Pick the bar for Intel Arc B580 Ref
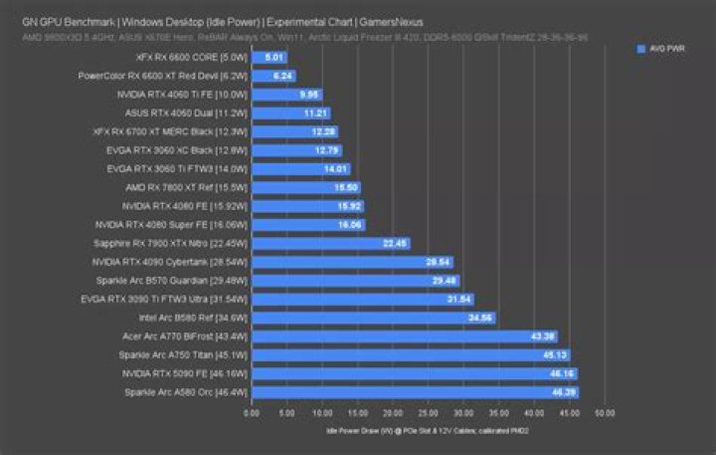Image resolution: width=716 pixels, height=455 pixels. click(373, 319)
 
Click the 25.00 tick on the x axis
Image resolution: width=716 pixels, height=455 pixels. click(428, 412)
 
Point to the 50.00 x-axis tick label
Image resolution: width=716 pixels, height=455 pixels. click(605, 412)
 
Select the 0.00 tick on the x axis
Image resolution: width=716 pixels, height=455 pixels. click(252, 412)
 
